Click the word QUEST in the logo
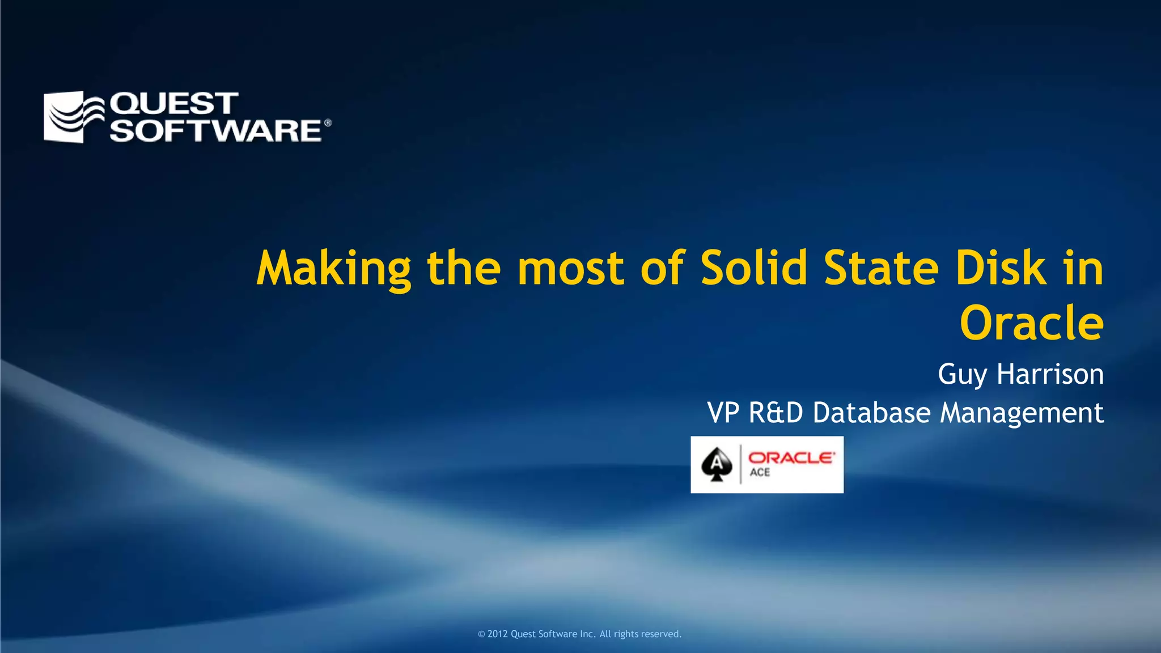174,104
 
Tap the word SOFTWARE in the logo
216,130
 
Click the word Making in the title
334,269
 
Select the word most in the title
571,269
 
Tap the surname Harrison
1050,374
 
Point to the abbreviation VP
723,413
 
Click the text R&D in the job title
776,413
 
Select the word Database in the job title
871,413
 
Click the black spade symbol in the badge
717,464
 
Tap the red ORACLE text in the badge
791,457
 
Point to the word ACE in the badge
760,473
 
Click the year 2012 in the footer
497,634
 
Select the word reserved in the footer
661,634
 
